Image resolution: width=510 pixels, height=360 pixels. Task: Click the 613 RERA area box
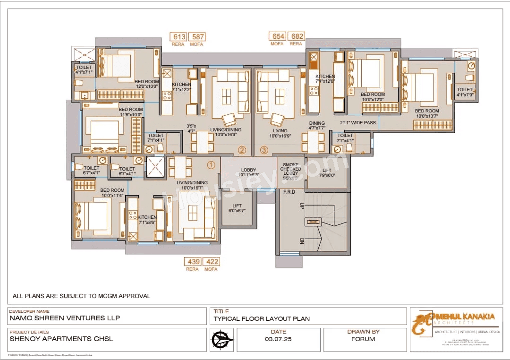pyautogui.click(x=179, y=37)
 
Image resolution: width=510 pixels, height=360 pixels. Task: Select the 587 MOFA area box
pyautogui.click(x=197, y=37)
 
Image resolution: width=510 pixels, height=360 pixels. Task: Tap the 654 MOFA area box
pyautogui.click(x=277, y=36)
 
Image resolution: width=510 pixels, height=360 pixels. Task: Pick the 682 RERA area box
pyautogui.click(x=296, y=36)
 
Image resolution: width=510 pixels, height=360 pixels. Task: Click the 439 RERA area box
pyautogui.click(x=193, y=262)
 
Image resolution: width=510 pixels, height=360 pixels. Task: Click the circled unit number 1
pyautogui.click(x=211, y=165)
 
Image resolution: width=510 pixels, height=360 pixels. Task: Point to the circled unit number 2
pyautogui.click(x=242, y=150)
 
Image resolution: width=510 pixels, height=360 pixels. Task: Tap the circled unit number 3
pyautogui.click(x=264, y=150)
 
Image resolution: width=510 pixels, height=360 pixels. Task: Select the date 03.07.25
pyautogui.click(x=278, y=339)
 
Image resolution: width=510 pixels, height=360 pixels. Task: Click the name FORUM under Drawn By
pyautogui.click(x=363, y=339)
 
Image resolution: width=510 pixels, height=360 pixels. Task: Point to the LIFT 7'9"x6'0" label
pyautogui.click(x=327, y=172)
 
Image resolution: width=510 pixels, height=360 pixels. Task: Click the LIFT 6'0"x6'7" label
pyautogui.click(x=237, y=208)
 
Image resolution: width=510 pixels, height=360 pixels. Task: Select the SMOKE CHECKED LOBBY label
pyautogui.click(x=291, y=171)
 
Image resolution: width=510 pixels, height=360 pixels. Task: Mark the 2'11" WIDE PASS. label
pyautogui.click(x=358, y=122)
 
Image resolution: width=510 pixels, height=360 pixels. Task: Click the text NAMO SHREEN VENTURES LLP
pyautogui.click(x=65, y=318)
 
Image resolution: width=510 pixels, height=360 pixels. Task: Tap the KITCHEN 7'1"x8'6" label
pyautogui.click(x=147, y=220)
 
